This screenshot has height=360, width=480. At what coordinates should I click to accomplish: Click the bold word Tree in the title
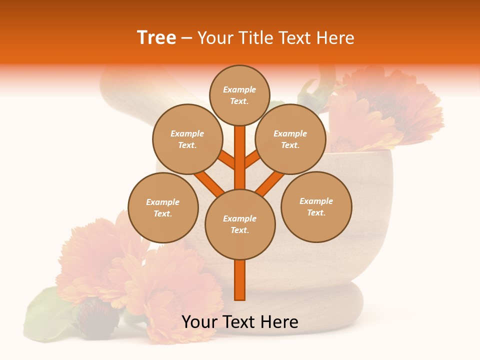coord(156,38)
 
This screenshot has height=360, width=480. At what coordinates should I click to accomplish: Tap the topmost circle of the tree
coord(239,95)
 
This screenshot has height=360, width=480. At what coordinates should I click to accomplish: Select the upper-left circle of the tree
coord(187,139)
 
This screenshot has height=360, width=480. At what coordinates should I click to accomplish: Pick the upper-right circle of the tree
coord(290,139)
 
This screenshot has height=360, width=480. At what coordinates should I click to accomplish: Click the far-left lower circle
coord(163,207)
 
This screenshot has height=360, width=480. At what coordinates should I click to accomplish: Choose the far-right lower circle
coord(316,206)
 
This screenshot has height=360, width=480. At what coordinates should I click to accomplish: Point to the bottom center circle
coord(240,224)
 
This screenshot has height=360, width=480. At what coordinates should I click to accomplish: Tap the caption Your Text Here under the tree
coord(240,322)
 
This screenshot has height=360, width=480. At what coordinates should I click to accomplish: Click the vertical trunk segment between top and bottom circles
coord(240,155)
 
